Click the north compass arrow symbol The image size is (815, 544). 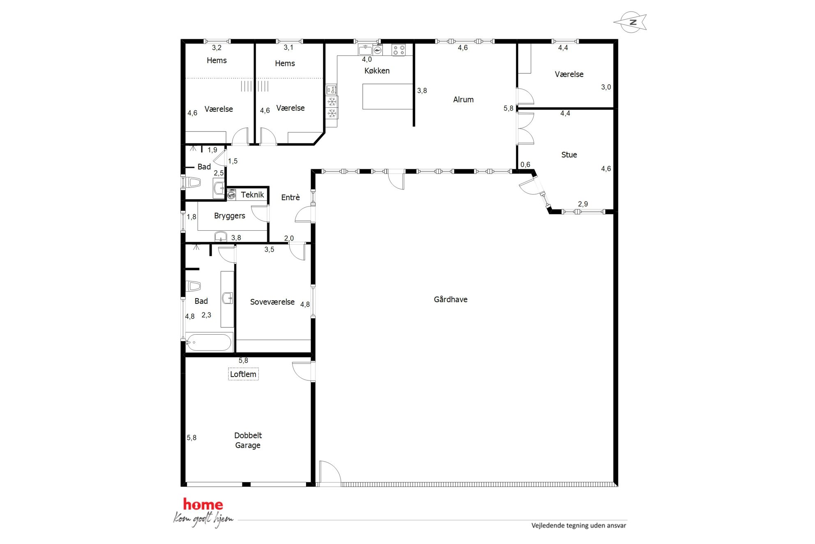click(x=630, y=22)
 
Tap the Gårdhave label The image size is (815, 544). click(x=451, y=299)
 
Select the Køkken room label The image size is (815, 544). click(x=377, y=71)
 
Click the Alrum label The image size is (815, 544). click(x=463, y=100)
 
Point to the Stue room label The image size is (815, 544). click(x=569, y=155)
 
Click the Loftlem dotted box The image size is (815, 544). click(x=243, y=374)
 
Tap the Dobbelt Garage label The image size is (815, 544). click(x=248, y=440)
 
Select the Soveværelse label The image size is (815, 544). click(x=272, y=302)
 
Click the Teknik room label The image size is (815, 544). click(x=252, y=194)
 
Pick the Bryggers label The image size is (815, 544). click(x=230, y=216)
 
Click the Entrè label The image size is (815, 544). click(x=290, y=197)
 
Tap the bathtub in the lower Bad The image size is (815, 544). click(x=209, y=342)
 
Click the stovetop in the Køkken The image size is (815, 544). click(x=398, y=50)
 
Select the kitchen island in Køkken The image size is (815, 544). click(x=387, y=97)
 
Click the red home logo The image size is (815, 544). click(x=203, y=504)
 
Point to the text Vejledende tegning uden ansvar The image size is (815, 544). click(x=578, y=525)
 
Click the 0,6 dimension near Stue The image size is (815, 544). click(x=525, y=164)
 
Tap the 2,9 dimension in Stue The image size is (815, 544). click(x=583, y=204)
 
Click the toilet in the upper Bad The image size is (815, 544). click(x=193, y=182)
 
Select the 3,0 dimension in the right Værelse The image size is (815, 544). click(x=606, y=87)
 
